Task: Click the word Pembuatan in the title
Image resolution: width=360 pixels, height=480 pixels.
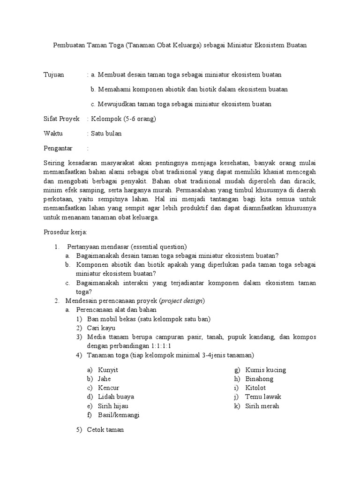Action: (68, 45)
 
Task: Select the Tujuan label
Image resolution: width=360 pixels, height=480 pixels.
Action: (53, 75)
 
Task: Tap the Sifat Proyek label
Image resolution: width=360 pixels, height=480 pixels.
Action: (61, 119)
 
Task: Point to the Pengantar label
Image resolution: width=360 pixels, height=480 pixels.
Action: (58, 148)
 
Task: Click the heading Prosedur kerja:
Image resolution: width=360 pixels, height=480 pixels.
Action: (65, 232)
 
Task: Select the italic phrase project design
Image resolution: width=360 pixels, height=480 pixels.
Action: (183, 300)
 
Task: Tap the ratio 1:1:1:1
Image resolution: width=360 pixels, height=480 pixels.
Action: (146, 346)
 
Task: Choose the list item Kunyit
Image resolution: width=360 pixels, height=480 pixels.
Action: (108, 370)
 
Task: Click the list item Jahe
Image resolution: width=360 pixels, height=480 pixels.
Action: (105, 379)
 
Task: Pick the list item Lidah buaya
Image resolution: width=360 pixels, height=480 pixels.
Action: (116, 397)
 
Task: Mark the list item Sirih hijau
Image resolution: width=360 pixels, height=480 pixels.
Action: (113, 406)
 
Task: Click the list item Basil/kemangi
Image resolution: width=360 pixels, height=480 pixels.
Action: (119, 415)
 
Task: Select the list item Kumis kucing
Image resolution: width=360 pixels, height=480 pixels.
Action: (265, 370)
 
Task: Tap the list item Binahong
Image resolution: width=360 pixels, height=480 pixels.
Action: (259, 379)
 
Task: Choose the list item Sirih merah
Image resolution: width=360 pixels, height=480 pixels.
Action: (262, 406)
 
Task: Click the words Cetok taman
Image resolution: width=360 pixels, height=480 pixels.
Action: (105, 430)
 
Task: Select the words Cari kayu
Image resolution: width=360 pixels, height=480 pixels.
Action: (101, 328)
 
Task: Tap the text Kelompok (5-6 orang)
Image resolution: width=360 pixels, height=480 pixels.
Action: (123, 119)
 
